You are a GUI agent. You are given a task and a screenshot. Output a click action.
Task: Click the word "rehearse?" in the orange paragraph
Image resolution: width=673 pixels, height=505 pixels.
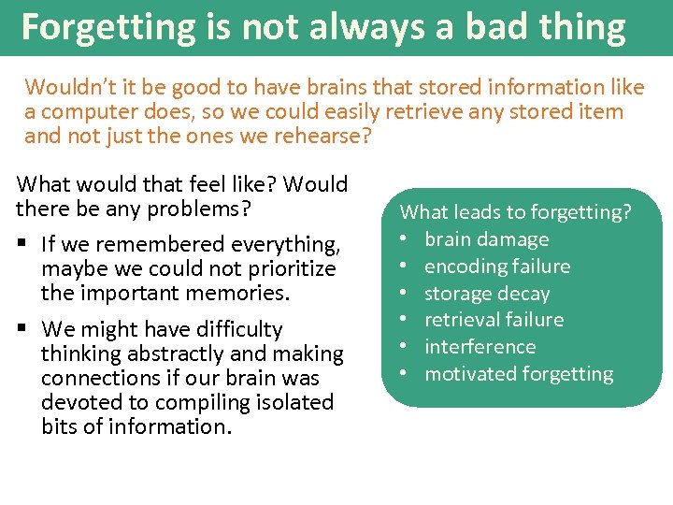326,137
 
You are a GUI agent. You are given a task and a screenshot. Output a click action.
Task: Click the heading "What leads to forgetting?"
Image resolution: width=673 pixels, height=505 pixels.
516,212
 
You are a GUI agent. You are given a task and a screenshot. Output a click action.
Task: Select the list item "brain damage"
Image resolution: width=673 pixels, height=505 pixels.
486,239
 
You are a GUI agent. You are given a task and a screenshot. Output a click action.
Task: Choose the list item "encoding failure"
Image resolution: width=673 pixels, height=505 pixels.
496,267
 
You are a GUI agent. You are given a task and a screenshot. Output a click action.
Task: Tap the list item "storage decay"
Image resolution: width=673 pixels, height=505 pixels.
487,294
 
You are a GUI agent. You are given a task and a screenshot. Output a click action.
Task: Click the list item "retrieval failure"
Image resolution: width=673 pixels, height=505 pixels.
494,320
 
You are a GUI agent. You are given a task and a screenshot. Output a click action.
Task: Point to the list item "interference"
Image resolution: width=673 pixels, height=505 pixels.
480,347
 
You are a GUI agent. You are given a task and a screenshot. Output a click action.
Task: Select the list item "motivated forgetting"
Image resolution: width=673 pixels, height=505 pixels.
519,374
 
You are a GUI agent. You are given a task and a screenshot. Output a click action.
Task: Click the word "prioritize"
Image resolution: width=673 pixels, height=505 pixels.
289,269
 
